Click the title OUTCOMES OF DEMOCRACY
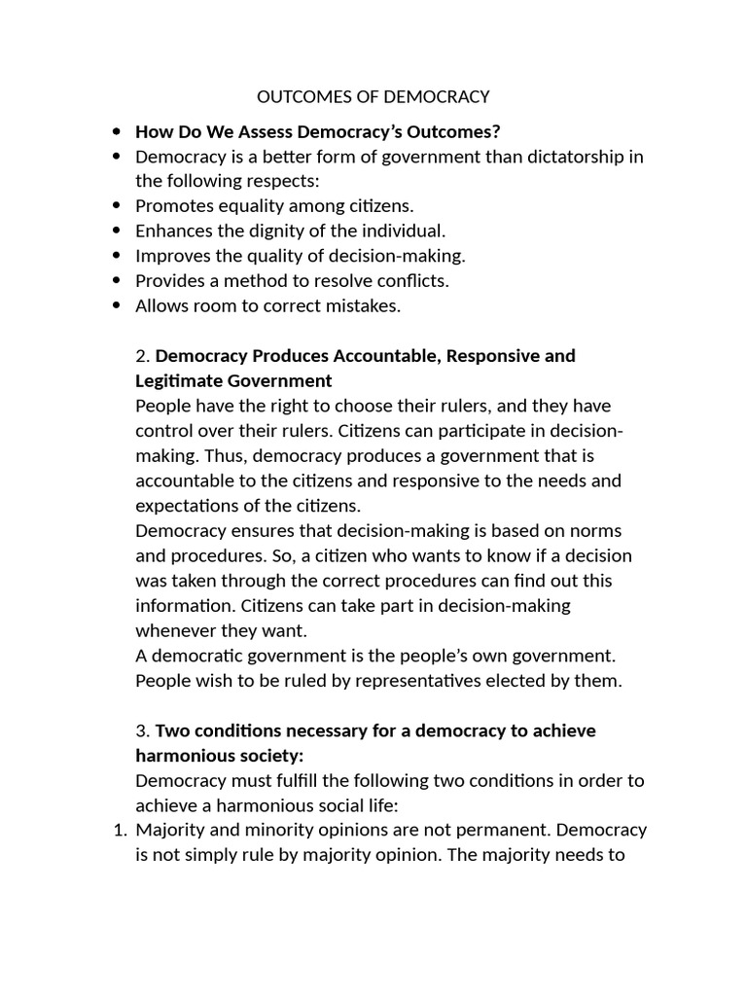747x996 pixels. [x=373, y=96]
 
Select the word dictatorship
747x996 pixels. [x=568, y=157]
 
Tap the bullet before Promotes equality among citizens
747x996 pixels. [x=118, y=206]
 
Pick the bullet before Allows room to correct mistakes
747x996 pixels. [x=118, y=306]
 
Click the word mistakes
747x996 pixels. [x=365, y=306]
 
